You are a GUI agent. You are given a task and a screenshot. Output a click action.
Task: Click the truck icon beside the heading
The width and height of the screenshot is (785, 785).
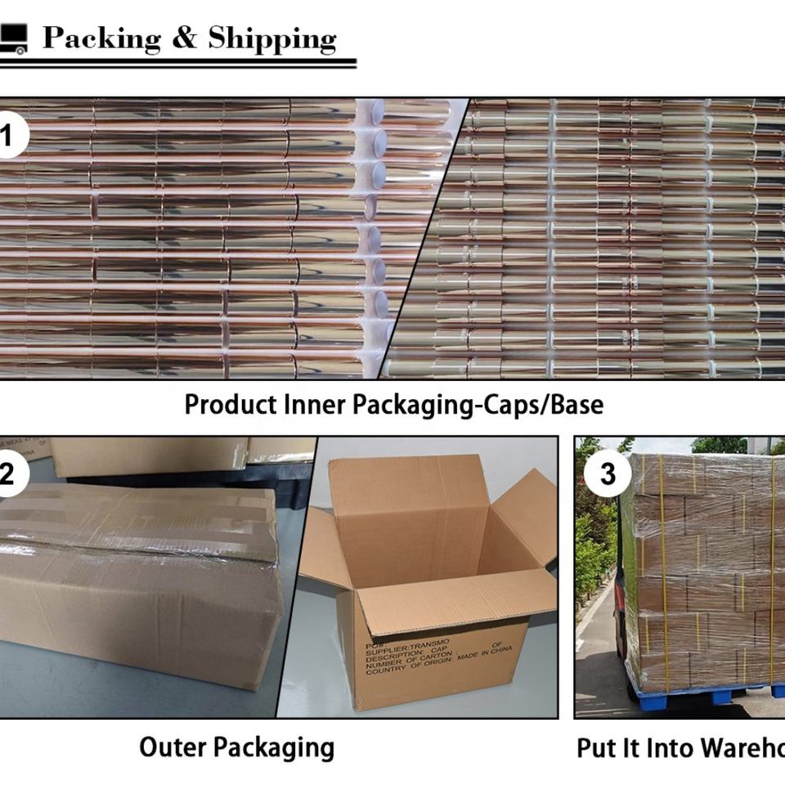tap(14, 38)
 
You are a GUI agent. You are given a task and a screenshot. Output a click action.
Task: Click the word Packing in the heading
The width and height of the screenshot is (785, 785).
tap(101, 38)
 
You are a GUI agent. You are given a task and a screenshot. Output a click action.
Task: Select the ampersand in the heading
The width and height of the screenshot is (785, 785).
tap(185, 38)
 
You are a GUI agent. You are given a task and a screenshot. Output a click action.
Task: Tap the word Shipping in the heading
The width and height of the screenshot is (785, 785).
tap(271, 39)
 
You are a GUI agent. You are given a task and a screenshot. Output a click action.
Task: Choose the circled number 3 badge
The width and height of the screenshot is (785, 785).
tap(608, 473)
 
